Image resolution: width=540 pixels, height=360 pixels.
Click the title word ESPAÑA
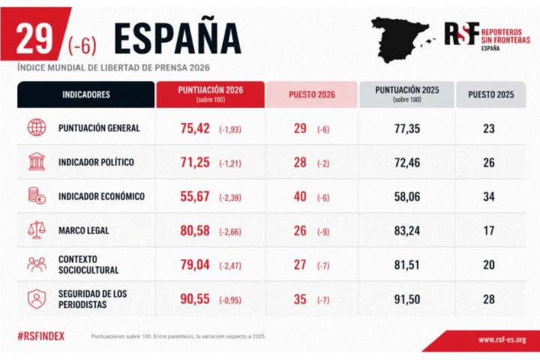[177, 38]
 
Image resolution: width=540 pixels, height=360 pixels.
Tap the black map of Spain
[400, 39]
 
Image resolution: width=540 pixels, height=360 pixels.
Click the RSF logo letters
[460, 33]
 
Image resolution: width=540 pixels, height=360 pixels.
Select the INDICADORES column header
[86, 94]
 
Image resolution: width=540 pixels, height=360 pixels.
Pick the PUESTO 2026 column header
[312, 94]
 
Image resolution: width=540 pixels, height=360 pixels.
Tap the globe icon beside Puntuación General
[37, 128]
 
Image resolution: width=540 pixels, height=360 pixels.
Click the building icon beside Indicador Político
[37, 162]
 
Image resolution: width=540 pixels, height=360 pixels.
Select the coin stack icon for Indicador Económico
[37, 196]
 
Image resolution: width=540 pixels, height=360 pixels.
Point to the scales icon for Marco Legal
[37, 230]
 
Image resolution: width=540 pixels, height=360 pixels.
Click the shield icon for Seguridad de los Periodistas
[37, 298]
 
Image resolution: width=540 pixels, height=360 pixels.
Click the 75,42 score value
[196, 128]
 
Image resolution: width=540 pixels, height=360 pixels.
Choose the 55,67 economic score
[196, 196]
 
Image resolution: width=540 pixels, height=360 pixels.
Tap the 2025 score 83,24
[407, 231]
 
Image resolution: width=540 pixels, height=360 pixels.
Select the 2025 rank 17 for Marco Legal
[489, 231]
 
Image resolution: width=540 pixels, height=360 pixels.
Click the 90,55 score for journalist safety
[196, 298]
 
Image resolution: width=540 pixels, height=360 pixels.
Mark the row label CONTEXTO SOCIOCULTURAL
[88, 265]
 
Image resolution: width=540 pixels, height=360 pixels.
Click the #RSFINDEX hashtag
[41, 337]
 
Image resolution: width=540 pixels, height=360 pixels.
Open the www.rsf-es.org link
[502, 340]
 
